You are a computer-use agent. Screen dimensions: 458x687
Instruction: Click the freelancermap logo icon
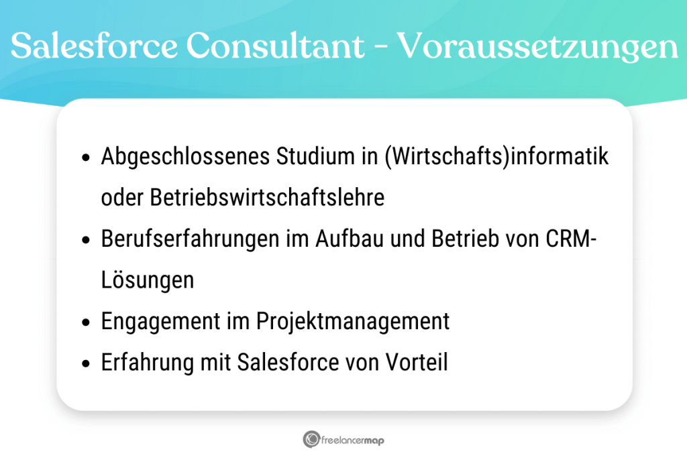(x=311, y=439)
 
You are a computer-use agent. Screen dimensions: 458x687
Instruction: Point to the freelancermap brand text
(x=353, y=440)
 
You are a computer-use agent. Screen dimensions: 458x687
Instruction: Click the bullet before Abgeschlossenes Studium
(x=86, y=158)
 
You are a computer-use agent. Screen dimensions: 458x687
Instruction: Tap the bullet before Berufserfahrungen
(x=86, y=240)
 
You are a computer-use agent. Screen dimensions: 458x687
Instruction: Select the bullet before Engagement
(x=86, y=322)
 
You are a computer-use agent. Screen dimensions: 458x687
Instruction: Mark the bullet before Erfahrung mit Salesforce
(x=86, y=363)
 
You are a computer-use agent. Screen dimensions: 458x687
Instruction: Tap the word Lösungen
(x=147, y=280)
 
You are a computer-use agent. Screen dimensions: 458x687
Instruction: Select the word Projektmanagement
(x=353, y=321)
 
